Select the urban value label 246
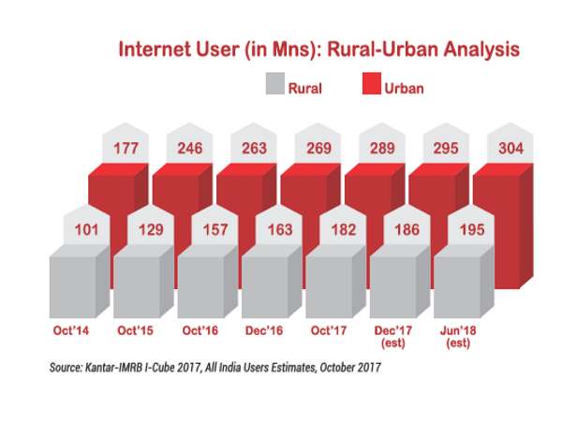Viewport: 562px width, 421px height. point(189,147)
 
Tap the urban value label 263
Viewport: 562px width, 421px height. point(253,147)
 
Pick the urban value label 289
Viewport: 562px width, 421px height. point(381,147)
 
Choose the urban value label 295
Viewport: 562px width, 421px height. point(445,147)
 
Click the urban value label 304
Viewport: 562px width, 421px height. point(510,147)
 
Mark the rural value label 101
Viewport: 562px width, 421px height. point(86,229)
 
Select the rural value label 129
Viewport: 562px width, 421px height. point(150,229)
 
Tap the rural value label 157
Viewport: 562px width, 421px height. point(214,229)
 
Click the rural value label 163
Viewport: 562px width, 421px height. point(278,229)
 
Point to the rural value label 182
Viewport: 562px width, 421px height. point(343,229)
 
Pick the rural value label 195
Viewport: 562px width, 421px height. point(471,229)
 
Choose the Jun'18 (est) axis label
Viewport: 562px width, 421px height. point(456,337)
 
